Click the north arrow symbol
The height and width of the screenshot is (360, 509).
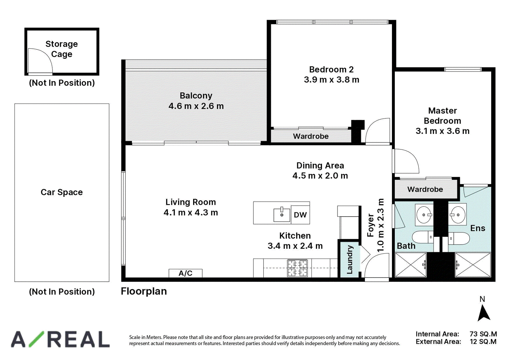point(484,314)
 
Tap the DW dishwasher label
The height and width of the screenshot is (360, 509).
point(300,215)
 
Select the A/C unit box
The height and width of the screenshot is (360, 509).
point(185,273)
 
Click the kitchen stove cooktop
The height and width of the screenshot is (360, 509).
point(297,268)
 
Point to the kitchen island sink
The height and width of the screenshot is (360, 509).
point(282,214)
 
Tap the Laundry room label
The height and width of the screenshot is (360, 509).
point(350,260)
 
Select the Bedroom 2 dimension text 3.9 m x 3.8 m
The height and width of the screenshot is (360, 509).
point(331,80)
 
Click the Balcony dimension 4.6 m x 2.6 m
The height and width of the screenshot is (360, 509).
point(196,106)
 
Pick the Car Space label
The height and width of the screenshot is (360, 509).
point(62,192)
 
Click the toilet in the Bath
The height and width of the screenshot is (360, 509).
point(423,237)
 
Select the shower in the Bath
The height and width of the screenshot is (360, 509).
point(411,265)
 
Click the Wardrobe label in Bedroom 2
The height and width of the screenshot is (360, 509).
point(310,136)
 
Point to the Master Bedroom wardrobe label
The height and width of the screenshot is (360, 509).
point(425,189)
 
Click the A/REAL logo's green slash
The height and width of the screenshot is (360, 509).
point(36,339)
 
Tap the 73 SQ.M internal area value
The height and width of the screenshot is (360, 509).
point(483,334)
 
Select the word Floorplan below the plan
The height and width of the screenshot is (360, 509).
point(144,291)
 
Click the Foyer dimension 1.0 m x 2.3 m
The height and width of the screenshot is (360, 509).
point(380,225)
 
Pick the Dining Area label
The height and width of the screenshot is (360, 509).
point(320,166)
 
